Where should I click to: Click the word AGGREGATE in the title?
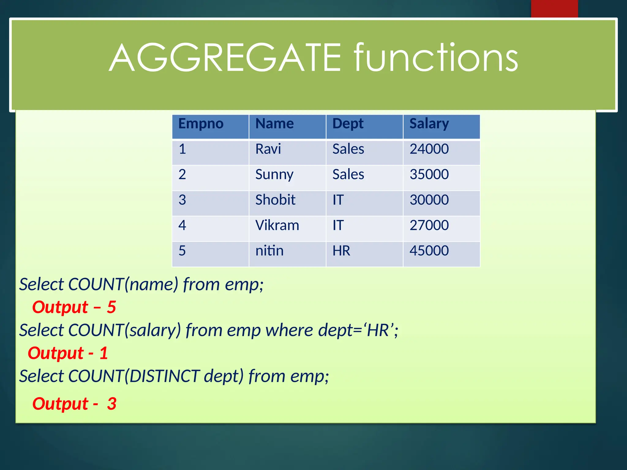coord(225,58)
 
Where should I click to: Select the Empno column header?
coord(201,124)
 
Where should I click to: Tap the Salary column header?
coord(429,124)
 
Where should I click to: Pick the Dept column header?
coord(348,124)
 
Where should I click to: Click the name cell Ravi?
coord(268,149)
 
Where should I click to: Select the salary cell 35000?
coord(429,174)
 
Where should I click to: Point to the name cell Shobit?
coord(275,200)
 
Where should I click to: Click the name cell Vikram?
coord(277,226)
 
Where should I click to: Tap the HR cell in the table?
coord(341,251)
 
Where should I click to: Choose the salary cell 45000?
coord(429,251)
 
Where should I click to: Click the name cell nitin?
coord(269,251)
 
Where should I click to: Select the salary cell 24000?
coord(429,149)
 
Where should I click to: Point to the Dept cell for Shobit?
coord(338,200)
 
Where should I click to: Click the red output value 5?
coord(111,307)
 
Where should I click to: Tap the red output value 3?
coord(112,404)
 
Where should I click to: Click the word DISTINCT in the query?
coord(164,376)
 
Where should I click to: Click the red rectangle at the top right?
coord(554,9)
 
